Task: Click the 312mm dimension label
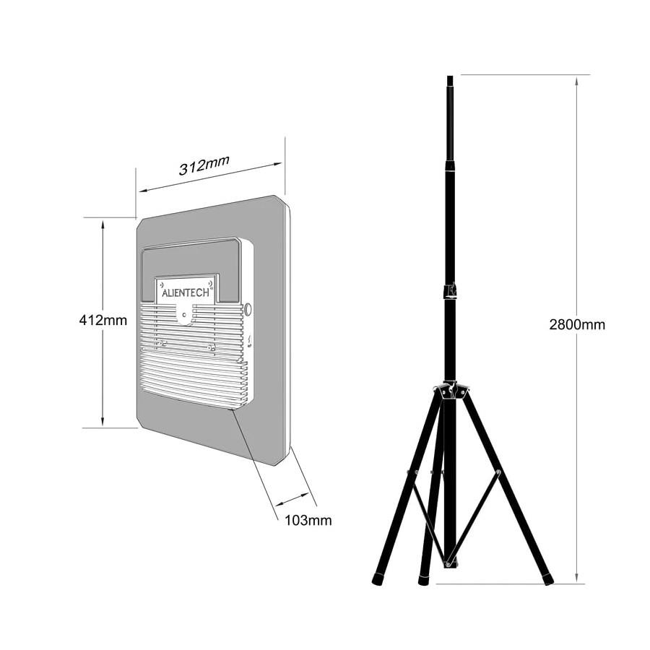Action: click(x=204, y=165)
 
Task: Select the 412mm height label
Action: click(x=103, y=320)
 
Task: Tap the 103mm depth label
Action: click(x=308, y=520)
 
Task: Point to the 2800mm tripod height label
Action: click(x=577, y=324)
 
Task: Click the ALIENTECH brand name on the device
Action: click(x=186, y=292)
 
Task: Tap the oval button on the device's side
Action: click(x=248, y=309)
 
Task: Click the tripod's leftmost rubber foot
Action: click(x=378, y=578)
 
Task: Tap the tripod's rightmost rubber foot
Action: click(x=548, y=578)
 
